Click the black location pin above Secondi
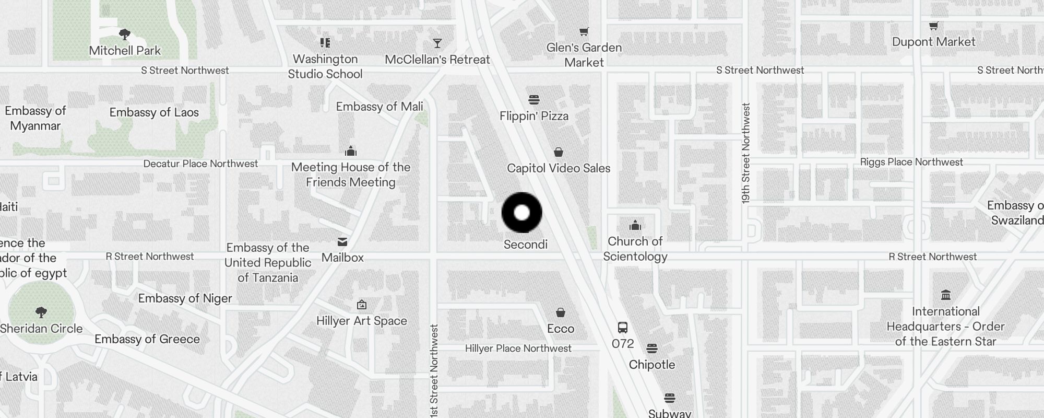coord(521,213)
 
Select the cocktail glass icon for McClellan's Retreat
coord(437,43)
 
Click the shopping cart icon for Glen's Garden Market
coord(584,32)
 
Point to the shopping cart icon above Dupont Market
coord(934,26)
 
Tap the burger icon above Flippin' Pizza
coord(533,100)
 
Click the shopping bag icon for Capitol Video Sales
coord(559,152)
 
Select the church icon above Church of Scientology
coord(635,225)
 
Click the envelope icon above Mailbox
coord(342,241)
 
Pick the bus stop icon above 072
coord(622,328)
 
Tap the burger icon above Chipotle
coord(651,349)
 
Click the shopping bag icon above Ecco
coord(560,312)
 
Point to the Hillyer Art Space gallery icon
coord(361,305)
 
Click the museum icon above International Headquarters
coord(945,295)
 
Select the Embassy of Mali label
coord(379,107)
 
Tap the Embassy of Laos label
coord(154,112)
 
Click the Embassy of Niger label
coord(185,298)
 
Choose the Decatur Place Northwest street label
coord(200,164)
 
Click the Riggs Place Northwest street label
coord(911,162)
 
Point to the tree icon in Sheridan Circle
coord(41,312)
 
